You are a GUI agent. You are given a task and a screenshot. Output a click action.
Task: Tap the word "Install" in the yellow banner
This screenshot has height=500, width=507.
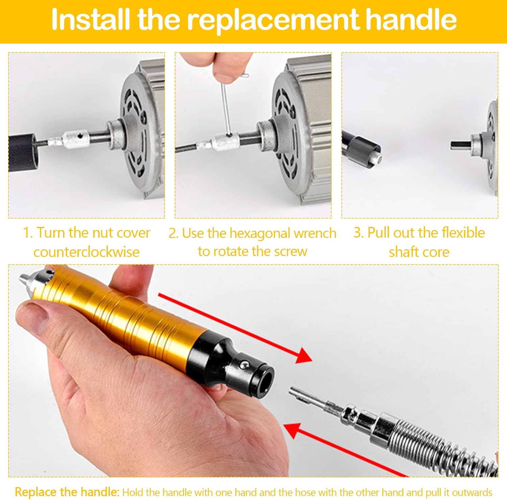pos(90,19)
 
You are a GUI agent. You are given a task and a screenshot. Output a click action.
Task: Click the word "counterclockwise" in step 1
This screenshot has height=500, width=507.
pos(87,252)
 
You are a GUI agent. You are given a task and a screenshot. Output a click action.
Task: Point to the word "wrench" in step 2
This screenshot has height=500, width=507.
pos(315,233)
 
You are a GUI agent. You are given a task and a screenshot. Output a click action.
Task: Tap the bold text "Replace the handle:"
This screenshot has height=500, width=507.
pos(67,492)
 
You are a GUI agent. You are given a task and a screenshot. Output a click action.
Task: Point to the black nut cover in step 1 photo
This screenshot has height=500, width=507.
pos(22,152)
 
